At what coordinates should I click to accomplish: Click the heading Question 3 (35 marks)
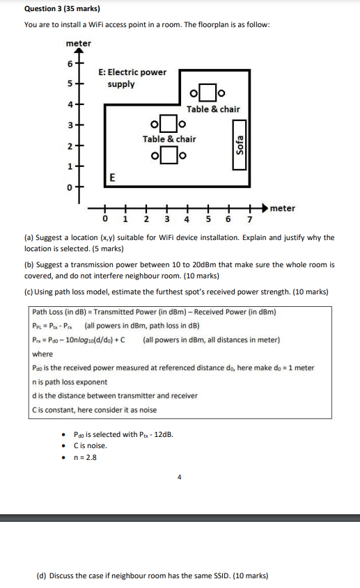(x=62, y=9)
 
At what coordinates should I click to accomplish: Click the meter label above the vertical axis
(x=78, y=43)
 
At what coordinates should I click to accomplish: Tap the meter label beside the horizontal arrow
(x=282, y=208)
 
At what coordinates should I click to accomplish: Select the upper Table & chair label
(x=213, y=109)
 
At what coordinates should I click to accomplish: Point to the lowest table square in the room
(x=168, y=154)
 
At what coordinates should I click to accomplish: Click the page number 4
(x=179, y=477)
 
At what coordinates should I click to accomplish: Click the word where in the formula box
(x=42, y=353)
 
